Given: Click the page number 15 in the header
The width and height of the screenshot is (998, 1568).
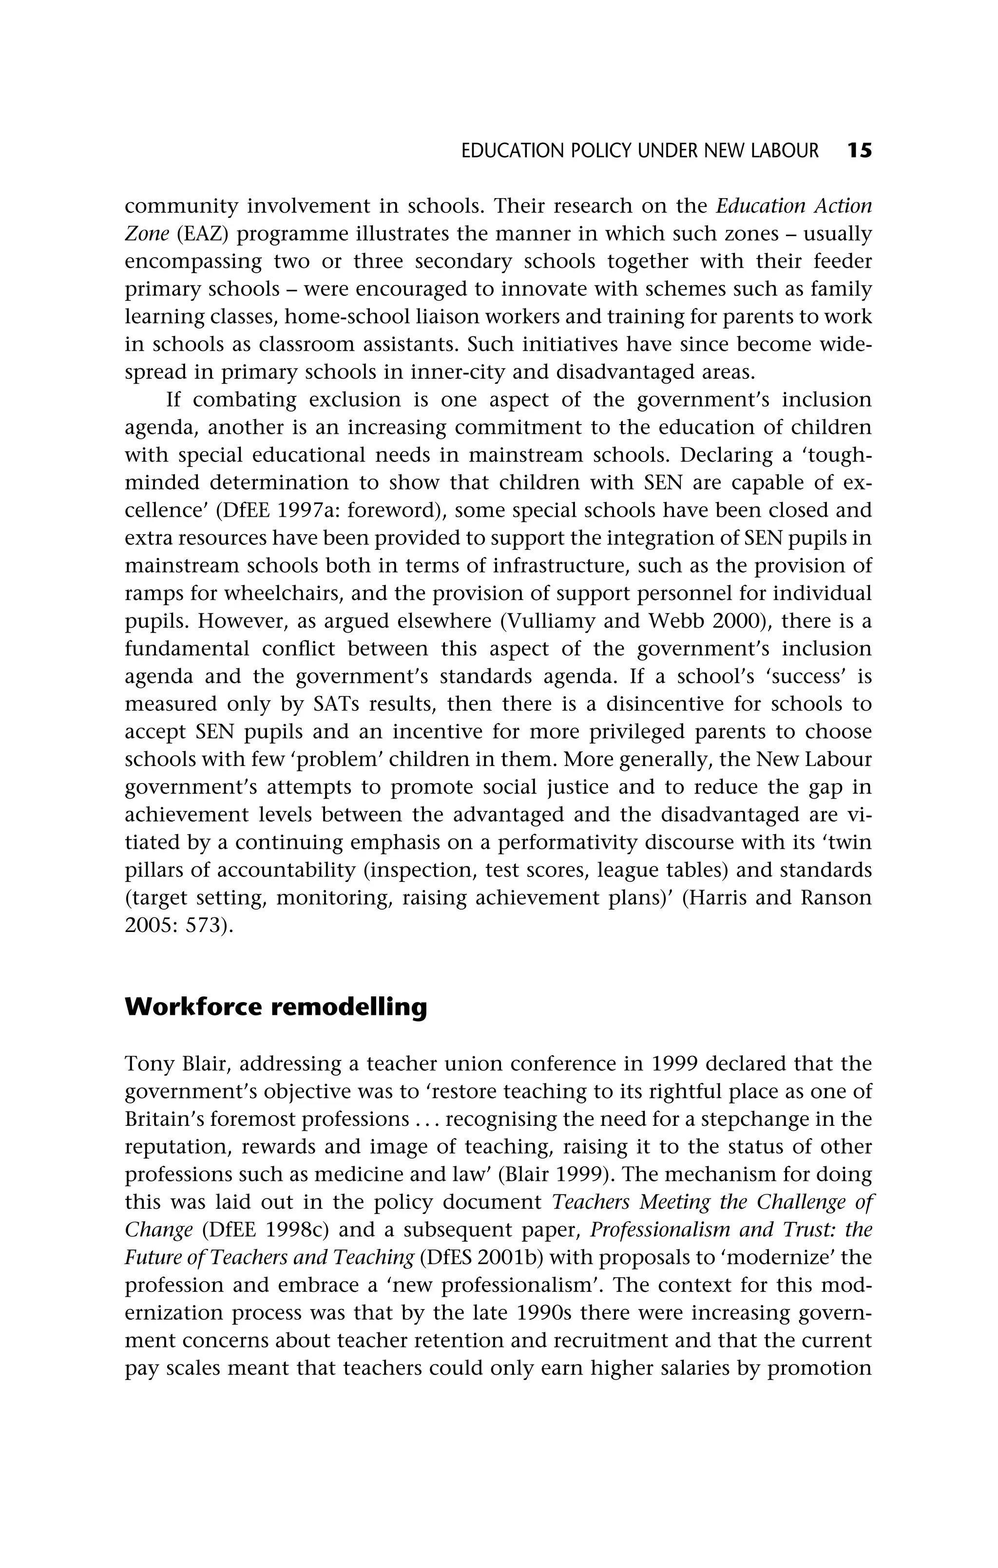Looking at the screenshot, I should [x=859, y=151].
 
